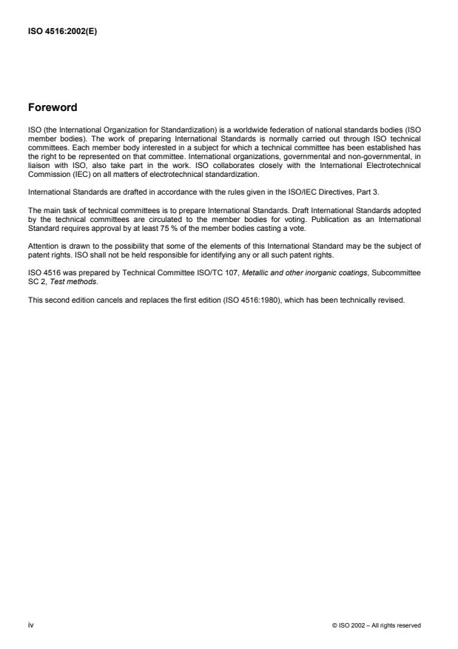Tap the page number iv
[30, 625]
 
